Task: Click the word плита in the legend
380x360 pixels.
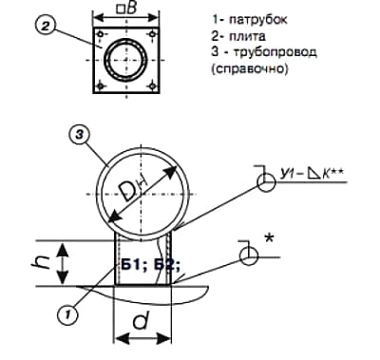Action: click(246, 35)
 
